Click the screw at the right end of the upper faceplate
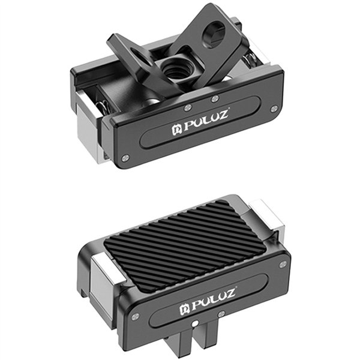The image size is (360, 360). pyautogui.click(x=275, y=108)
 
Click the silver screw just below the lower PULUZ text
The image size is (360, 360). pyautogui.click(x=221, y=314)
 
